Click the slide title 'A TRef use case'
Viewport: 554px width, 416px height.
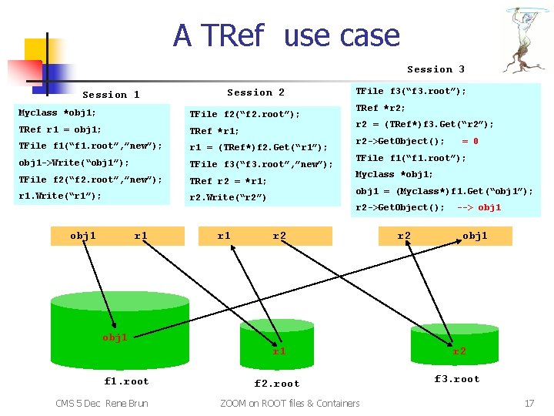286,35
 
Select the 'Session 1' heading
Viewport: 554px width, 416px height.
111,95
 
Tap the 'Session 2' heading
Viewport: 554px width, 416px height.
255,92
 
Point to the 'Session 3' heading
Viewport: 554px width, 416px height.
436,69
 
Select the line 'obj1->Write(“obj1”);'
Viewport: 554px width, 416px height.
74,163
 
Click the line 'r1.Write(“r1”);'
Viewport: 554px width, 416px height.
60,196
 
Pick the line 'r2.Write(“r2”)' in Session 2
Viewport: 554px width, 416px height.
228,197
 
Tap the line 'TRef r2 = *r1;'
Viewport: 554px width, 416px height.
228,181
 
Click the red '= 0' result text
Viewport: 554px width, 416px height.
469,141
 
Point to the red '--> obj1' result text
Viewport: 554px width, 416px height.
479,207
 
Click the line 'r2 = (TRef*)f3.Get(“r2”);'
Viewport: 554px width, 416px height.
424,124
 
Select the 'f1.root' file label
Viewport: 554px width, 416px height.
127,381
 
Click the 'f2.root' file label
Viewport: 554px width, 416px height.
277,384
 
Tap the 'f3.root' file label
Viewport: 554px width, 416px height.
457,379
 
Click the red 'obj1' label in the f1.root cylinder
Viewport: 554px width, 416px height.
115,337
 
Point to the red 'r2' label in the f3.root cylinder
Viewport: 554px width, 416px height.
459,351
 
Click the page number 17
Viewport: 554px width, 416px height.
529,403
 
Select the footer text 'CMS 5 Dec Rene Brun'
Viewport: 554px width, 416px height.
102,403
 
